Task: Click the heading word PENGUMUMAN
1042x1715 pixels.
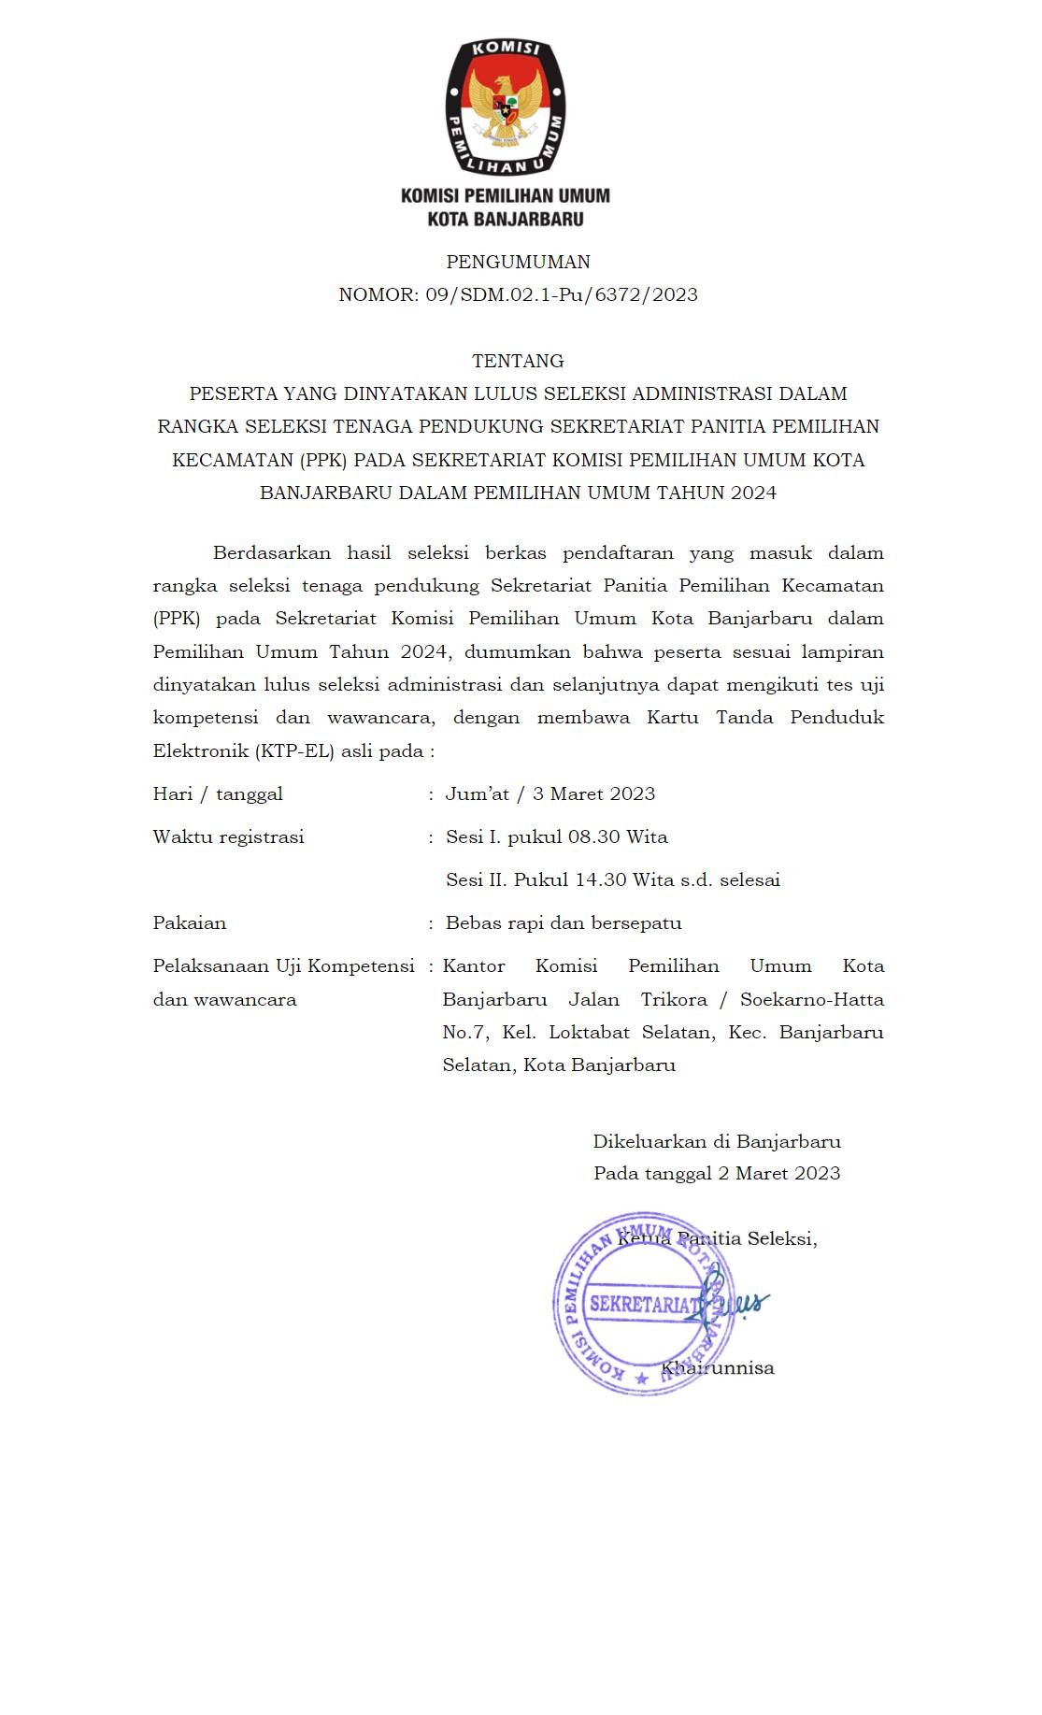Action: point(518,262)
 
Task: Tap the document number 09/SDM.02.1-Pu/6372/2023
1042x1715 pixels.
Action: point(562,294)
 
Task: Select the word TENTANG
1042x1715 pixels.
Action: point(518,361)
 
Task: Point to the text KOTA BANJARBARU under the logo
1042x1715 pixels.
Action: point(506,220)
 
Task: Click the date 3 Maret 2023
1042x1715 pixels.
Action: point(593,793)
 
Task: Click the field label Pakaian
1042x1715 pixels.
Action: point(190,922)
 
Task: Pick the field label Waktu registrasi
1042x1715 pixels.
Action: point(229,836)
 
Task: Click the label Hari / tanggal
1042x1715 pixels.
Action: point(218,793)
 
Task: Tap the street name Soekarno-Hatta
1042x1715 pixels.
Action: point(811,999)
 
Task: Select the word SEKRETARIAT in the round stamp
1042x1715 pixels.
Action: point(645,1304)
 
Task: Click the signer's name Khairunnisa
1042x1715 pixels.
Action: point(718,1367)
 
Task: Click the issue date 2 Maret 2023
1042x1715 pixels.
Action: point(778,1173)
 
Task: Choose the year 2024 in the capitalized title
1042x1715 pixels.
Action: point(753,493)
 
